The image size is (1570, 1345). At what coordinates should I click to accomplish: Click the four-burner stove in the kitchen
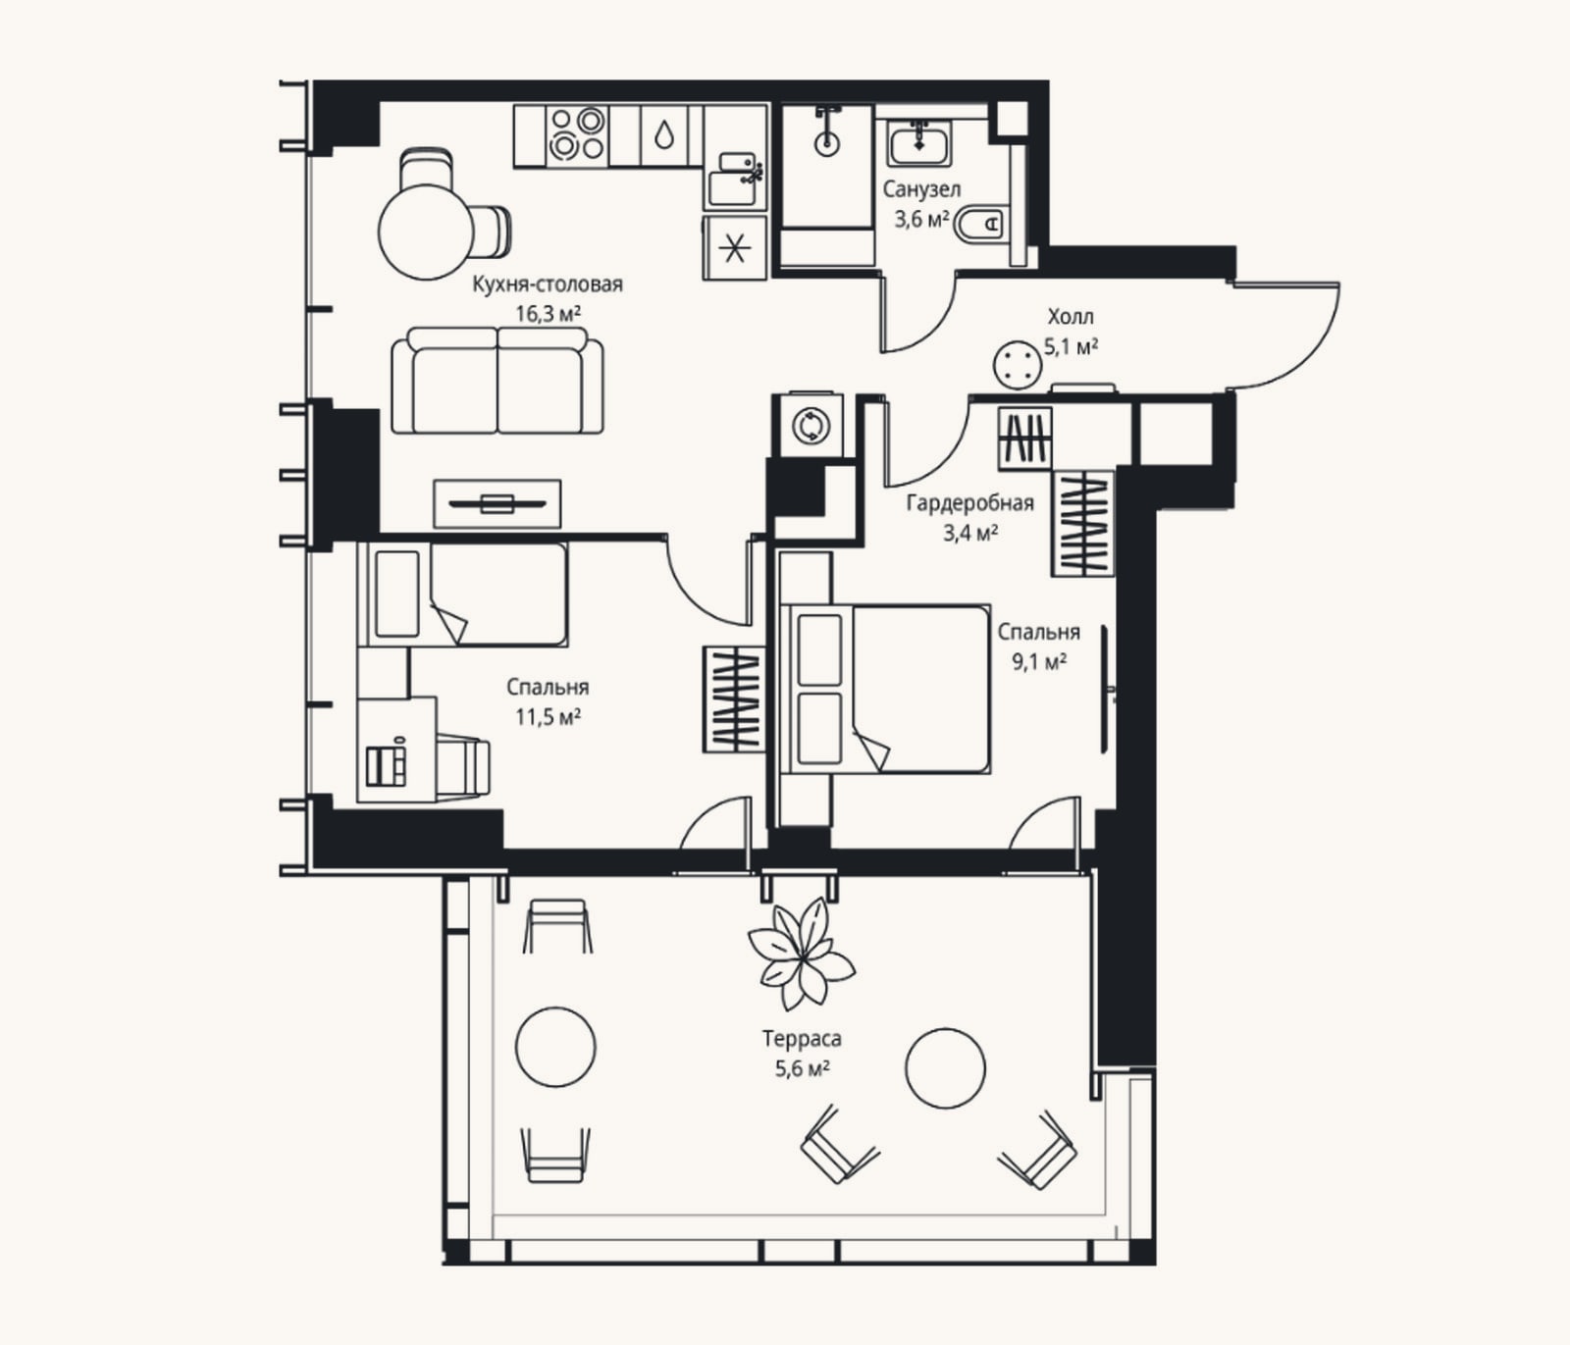[576, 134]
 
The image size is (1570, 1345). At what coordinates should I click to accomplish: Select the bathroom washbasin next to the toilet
[919, 144]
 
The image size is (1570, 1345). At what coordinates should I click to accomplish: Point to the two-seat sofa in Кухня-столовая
[497, 381]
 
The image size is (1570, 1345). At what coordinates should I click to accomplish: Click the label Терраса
[802, 1038]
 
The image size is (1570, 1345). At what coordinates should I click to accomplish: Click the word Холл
[1071, 317]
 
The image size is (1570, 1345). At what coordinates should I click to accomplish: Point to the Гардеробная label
[969, 503]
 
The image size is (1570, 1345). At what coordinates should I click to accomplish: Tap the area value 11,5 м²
[549, 717]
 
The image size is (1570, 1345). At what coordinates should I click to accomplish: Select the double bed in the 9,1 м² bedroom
[884, 689]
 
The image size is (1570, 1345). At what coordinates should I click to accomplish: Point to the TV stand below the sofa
[497, 504]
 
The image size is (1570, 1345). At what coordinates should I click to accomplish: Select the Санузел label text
[921, 189]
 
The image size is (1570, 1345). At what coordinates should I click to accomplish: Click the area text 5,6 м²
[803, 1068]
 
